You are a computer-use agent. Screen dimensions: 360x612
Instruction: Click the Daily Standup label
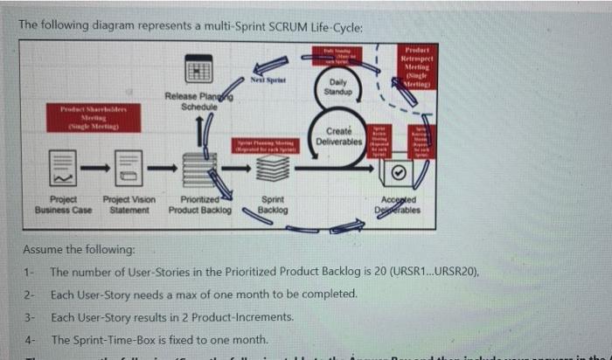(x=337, y=87)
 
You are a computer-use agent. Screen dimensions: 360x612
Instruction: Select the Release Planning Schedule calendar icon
(x=198, y=72)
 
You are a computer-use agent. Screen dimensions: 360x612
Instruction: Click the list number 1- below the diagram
(x=31, y=273)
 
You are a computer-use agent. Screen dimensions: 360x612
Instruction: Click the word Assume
(x=44, y=249)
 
